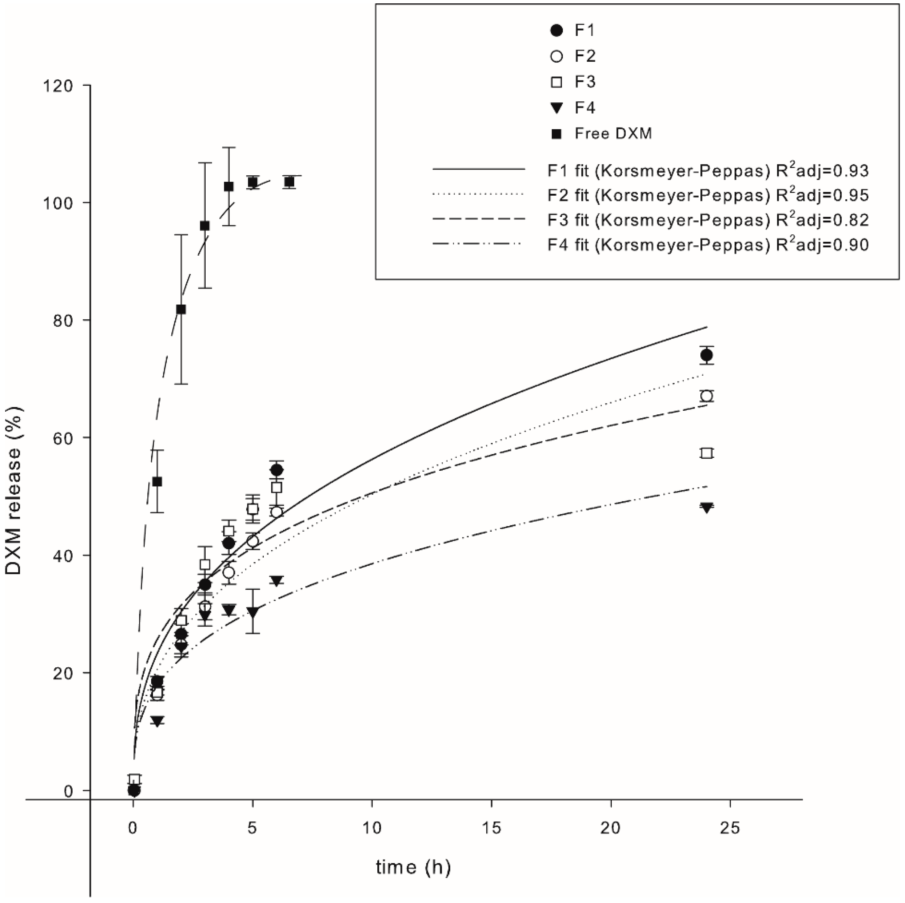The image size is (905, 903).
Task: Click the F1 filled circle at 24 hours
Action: [706, 355]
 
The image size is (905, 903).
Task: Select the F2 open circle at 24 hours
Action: [706, 396]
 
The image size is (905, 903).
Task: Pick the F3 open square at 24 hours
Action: [706, 453]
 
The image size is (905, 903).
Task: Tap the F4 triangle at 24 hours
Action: [706, 507]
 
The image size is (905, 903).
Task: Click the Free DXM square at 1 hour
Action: [157, 481]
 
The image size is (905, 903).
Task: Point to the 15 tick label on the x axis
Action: [491, 828]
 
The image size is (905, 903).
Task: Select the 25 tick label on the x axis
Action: [730, 828]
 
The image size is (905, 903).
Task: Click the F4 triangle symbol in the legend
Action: [557, 108]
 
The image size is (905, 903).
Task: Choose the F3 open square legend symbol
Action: [557, 82]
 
